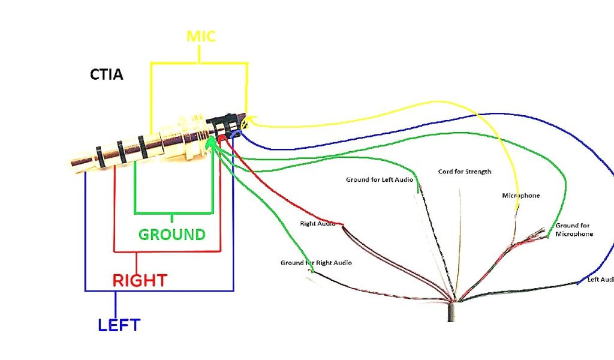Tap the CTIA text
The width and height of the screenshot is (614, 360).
[107, 76]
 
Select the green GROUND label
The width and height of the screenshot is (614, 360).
[172, 234]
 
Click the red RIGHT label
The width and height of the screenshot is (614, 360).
[140, 280]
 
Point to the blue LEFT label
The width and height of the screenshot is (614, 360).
[119, 325]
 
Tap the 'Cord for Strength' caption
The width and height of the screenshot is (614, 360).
[465, 172]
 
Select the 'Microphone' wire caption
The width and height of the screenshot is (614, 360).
[520, 196]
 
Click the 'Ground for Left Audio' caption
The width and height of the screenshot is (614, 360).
[380, 179]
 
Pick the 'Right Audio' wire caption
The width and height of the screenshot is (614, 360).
[317, 224]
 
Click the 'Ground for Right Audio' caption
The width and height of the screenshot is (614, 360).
[316, 263]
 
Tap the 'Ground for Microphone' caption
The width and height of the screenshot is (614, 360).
[574, 230]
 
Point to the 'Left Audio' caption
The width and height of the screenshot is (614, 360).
[600, 280]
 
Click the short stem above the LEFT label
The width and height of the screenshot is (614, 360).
[115, 304]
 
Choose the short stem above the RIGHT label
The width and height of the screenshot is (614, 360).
[137, 262]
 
